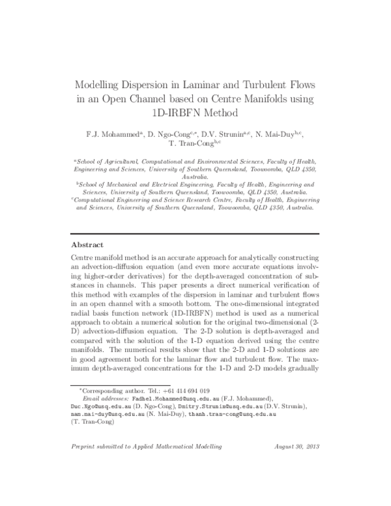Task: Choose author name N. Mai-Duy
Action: (x=273, y=134)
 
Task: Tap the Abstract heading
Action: (x=87, y=245)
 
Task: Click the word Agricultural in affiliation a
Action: (x=126, y=160)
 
